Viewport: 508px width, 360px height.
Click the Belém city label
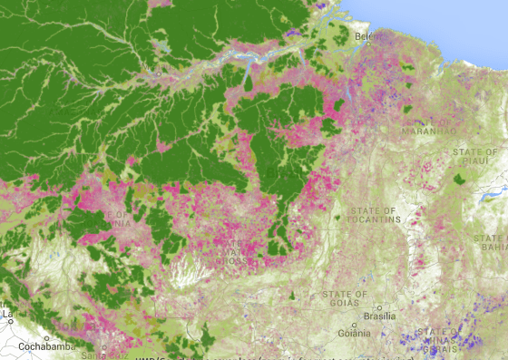365,36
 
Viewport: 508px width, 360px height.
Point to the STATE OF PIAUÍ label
480,158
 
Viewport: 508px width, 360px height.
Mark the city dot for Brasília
380,307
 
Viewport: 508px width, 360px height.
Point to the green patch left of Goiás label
292,296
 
